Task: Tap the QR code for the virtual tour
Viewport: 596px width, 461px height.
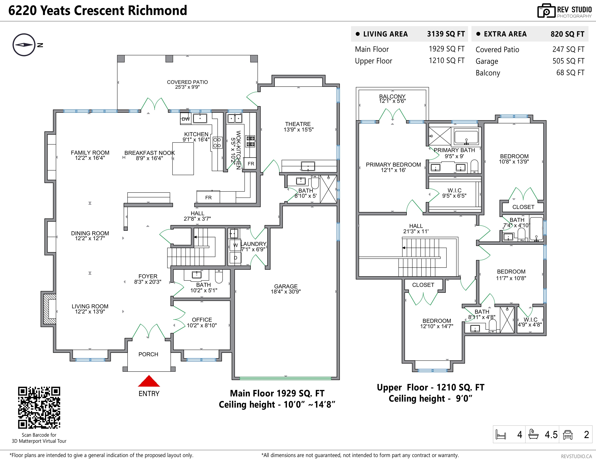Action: click(x=39, y=408)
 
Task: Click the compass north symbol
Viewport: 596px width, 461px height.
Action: click(x=24, y=45)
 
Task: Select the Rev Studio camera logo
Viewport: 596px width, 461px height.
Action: click(x=546, y=11)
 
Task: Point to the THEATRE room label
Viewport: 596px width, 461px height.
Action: click(x=298, y=124)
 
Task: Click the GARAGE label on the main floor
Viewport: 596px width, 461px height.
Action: click(x=286, y=286)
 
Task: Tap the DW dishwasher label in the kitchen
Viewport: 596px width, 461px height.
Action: click(x=186, y=119)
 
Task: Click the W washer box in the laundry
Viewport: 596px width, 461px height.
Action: click(x=235, y=245)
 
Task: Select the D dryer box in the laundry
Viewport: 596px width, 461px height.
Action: click(x=235, y=258)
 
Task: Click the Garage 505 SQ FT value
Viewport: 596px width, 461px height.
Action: click(x=568, y=61)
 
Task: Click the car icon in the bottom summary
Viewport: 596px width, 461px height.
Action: click(x=568, y=435)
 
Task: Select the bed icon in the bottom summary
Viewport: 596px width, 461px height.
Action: click(x=501, y=435)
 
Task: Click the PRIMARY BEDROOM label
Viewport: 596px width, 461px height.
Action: click(x=393, y=165)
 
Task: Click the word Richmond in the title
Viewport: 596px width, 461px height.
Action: click(x=157, y=10)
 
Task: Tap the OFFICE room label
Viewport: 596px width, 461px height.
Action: click(x=202, y=320)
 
